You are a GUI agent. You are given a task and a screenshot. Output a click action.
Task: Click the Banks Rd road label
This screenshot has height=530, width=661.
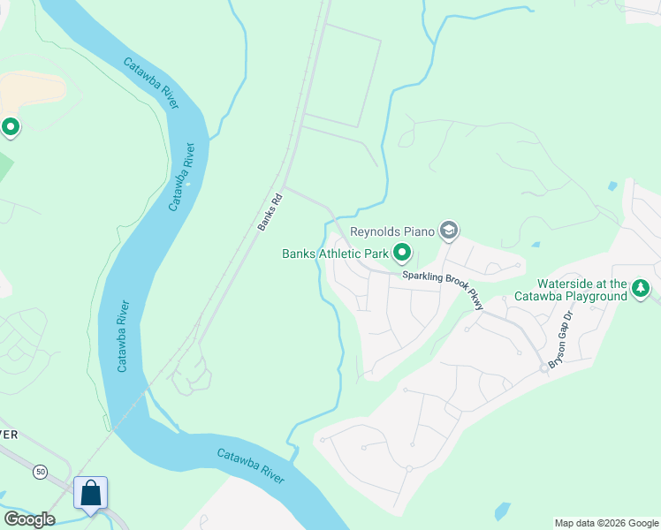click(270, 212)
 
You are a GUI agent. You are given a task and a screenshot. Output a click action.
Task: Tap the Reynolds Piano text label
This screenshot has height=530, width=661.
click(393, 231)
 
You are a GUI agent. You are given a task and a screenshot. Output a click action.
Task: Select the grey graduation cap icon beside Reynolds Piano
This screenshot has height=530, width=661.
click(449, 231)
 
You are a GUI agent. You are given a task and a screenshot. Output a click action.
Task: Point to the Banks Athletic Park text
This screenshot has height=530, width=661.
click(335, 254)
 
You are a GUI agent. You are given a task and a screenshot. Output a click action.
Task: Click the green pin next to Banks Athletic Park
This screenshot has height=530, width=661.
click(402, 254)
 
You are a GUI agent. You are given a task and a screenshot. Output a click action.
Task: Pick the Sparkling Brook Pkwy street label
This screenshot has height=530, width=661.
click(444, 290)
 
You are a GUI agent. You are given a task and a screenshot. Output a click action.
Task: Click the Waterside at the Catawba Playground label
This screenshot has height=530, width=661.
click(571, 290)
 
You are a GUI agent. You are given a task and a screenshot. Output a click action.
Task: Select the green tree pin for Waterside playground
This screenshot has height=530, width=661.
click(641, 289)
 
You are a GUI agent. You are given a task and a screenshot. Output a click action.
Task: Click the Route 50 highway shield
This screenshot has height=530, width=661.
click(41, 473)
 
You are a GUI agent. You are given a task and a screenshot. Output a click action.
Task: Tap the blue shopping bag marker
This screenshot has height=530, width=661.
click(91, 493)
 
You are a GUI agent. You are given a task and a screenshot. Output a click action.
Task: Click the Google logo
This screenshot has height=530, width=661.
click(29, 519)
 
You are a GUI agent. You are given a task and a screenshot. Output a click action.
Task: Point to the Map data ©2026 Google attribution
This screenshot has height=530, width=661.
click(606, 523)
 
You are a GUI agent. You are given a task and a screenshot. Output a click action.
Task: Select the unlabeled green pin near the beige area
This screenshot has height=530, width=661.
click(11, 128)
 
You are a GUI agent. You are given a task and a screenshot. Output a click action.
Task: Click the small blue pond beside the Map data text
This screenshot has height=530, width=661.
click(502, 511)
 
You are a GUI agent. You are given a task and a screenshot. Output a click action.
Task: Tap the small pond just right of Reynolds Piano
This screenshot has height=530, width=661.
click(535, 244)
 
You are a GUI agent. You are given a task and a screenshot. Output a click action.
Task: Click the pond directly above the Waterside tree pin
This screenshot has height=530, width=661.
click(612, 187)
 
